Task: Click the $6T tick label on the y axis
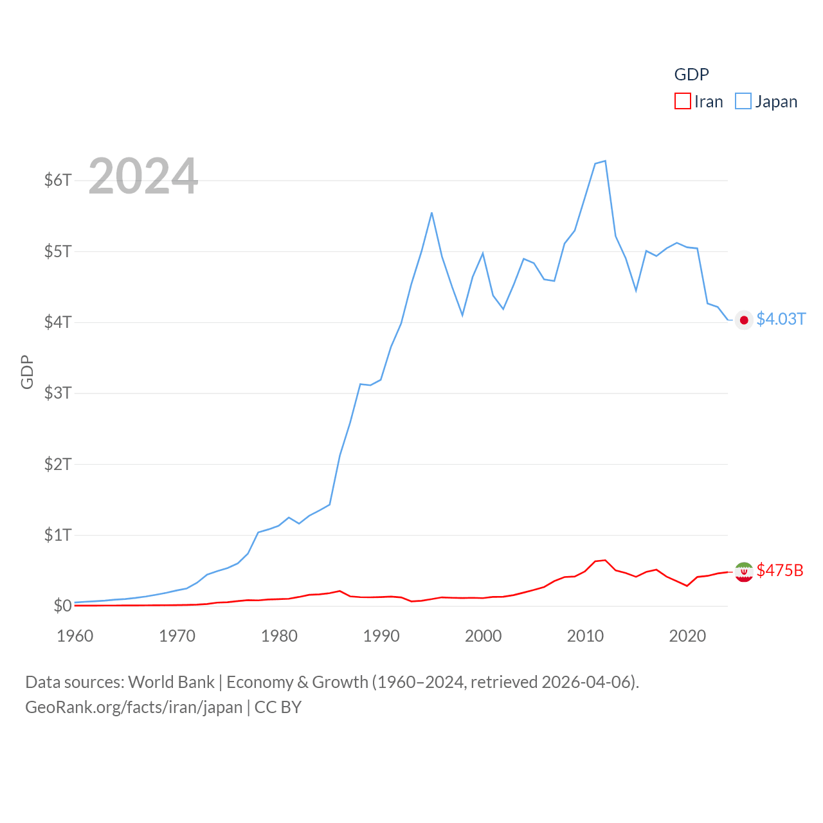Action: coord(58,180)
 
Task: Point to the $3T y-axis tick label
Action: coord(58,393)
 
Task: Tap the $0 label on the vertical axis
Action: coord(62,606)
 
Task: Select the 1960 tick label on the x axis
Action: coord(75,636)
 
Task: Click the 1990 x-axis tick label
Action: coord(381,636)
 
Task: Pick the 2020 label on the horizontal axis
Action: coord(687,636)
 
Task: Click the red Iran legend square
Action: coord(682,102)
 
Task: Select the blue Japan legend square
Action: coord(743,102)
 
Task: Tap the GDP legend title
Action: coord(691,75)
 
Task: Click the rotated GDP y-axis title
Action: coord(27,372)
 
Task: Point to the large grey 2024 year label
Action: coord(143,176)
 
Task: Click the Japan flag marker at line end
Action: coord(744,320)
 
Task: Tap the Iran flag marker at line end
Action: coord(744,572)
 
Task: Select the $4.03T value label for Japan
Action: coord(781,320)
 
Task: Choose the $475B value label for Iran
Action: coord(780,571)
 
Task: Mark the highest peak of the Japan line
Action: coord(605,161)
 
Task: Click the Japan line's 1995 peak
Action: coord(431,213)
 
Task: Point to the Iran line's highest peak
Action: coord(605,560)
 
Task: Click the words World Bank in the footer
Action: coord(171,682)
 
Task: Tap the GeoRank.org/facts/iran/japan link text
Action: coord(134,707)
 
